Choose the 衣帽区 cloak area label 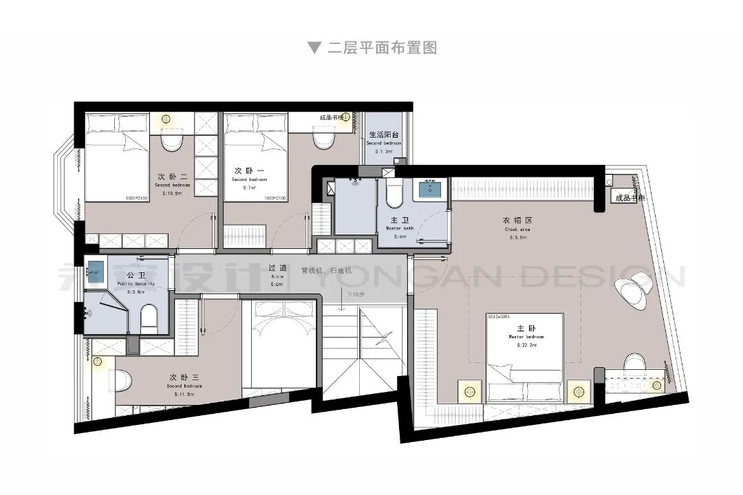[x=518, y=221]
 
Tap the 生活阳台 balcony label [x=384, y=135]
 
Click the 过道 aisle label [x=277, y=268]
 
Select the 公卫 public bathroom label [x=136, y=274]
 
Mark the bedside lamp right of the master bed [x=579, y=389]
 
